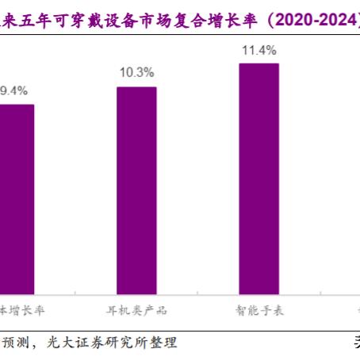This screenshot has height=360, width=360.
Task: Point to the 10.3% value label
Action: pyautogui.click(x=136, y=74)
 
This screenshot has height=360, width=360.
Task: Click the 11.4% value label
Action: pyautogui.click(x=259, y=51)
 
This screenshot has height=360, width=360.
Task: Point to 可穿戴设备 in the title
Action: pyautogui.click(x=86, y=17)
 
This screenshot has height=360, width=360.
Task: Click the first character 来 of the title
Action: pyautogui.click(x=7, y=17)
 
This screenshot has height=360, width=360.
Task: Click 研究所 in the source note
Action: pyautogui.click(x=133, y=343)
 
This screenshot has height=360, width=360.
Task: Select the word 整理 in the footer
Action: pyautogui.click(x=166, y=343)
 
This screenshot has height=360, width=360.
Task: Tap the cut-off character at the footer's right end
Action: pyautogui.click(x=356, y=343)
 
